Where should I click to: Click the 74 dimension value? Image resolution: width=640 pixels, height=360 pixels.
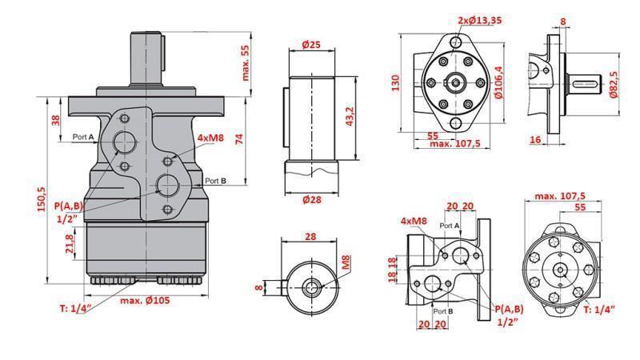238,138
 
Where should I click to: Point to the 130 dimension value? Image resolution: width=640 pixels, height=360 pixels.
395,84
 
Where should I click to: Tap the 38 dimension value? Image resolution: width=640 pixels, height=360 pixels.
55,120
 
